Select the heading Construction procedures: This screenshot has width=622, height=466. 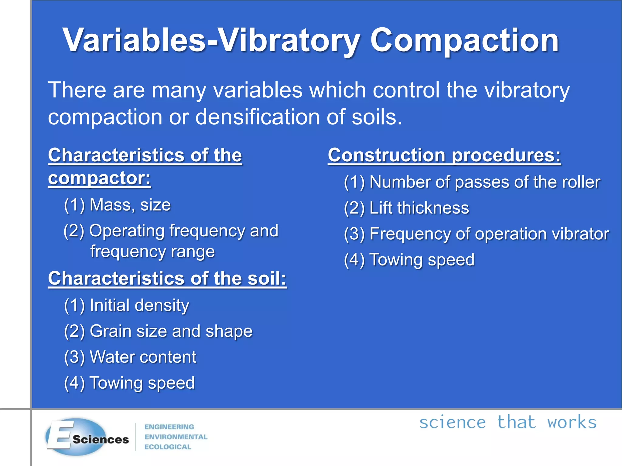(444, 156)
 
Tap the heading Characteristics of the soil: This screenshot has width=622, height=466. (167, 279)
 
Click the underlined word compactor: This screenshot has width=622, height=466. (99, 178)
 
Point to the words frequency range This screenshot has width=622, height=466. (152, 252)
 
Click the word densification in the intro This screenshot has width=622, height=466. (257, 117)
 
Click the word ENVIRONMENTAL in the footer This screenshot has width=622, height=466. (176, 437)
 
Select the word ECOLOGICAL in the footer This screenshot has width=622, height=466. (168, 447)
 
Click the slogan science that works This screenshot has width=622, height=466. (508, 423)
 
